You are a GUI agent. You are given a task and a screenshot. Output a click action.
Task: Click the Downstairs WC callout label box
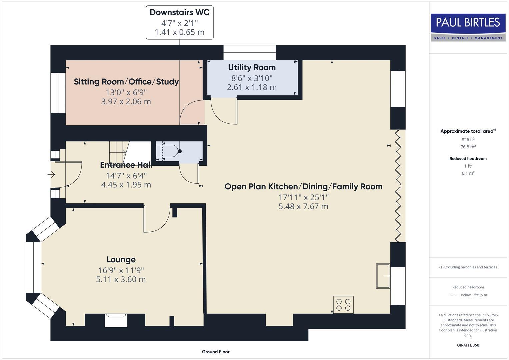click(x=180, y=23)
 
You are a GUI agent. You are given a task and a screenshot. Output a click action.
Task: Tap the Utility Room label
click(x=252, y=67)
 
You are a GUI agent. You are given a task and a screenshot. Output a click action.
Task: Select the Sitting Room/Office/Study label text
click(x=126, y=82)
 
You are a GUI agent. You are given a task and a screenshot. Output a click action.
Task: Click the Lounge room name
click(x=121, y=259)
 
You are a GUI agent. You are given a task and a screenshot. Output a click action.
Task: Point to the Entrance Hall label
click(x=126, y=165)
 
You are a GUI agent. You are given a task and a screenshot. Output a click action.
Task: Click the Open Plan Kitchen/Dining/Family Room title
click(x=303, y=186)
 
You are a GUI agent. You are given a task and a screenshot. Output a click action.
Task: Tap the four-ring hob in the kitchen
click(x=343, y=305)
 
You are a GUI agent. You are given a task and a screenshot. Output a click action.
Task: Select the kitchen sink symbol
click(x=383, y=276)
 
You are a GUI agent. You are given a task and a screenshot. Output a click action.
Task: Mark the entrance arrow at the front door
click(x=51, y=174)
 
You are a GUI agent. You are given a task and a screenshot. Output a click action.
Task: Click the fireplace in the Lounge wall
click(x=116, y=320)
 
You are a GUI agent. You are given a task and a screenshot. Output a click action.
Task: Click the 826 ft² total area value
click(x=468, y=140)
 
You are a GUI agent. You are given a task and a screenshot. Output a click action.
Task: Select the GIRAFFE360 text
click(x=468, y=345)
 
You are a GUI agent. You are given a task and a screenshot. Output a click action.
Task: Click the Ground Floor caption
click(x=216, y=352)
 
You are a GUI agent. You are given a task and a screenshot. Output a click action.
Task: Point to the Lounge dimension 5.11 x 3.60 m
click(x=121, y=279)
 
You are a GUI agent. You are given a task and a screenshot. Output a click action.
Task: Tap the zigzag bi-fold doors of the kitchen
click(x=398, y=186)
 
